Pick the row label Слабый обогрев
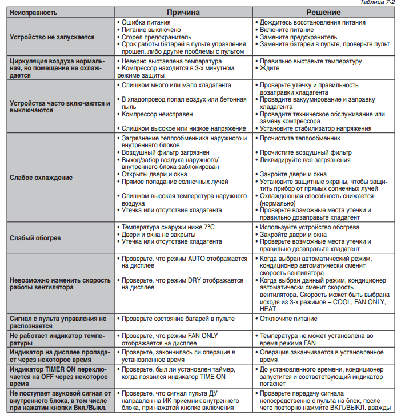[x=35, y=237]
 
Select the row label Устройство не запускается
[x=52, y=37]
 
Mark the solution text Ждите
[x=269, y=68]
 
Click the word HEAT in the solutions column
[x=268, y=309]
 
